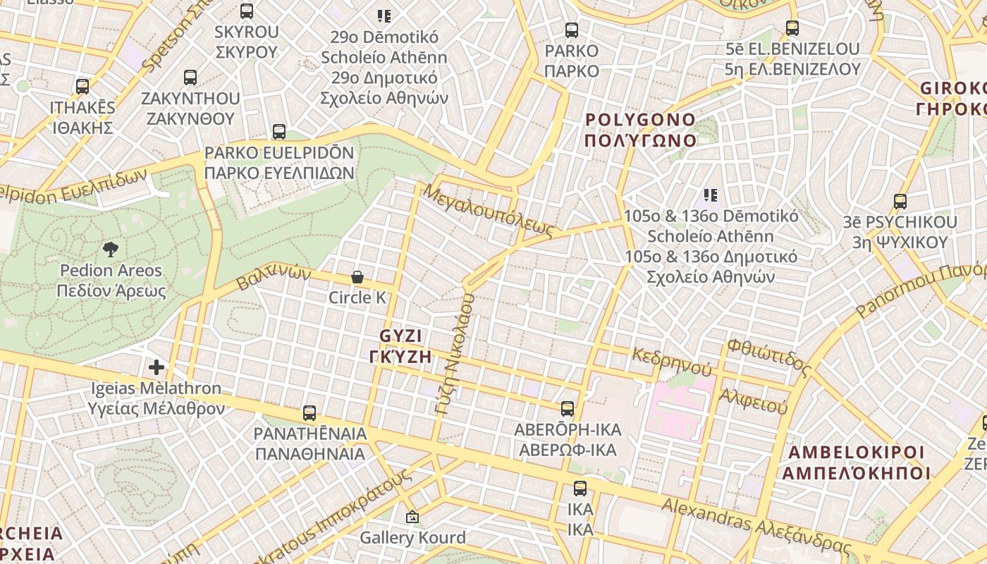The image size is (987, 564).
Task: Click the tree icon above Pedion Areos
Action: pos(110,248)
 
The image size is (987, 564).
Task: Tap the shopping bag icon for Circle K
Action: pos(357,277)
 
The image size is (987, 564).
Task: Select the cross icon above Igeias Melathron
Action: pos(156,367)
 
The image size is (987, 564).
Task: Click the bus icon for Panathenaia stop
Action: pos(309,413)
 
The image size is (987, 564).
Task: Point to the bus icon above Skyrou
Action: pos(246,11)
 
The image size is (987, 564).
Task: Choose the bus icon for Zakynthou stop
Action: pos(190,78)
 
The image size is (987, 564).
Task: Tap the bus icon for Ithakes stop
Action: pos(82,87)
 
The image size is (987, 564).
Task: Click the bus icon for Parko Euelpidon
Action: pos(279,132)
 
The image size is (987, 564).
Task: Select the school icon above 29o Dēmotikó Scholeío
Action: pos(384,16)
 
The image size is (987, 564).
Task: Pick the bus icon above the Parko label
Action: pos(572,30)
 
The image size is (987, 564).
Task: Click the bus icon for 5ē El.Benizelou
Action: pos(792,28)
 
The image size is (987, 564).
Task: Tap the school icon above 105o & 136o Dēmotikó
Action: pos(710,195)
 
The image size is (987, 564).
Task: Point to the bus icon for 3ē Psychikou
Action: pos(900,202)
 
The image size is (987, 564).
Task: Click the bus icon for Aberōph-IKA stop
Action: pos(567,409)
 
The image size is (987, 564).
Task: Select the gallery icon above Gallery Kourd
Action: pos(412,517)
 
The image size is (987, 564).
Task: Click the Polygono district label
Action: pos(640,130)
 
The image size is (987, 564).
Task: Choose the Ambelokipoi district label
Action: pos(856,462)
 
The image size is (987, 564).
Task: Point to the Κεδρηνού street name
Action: pos(672,361)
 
